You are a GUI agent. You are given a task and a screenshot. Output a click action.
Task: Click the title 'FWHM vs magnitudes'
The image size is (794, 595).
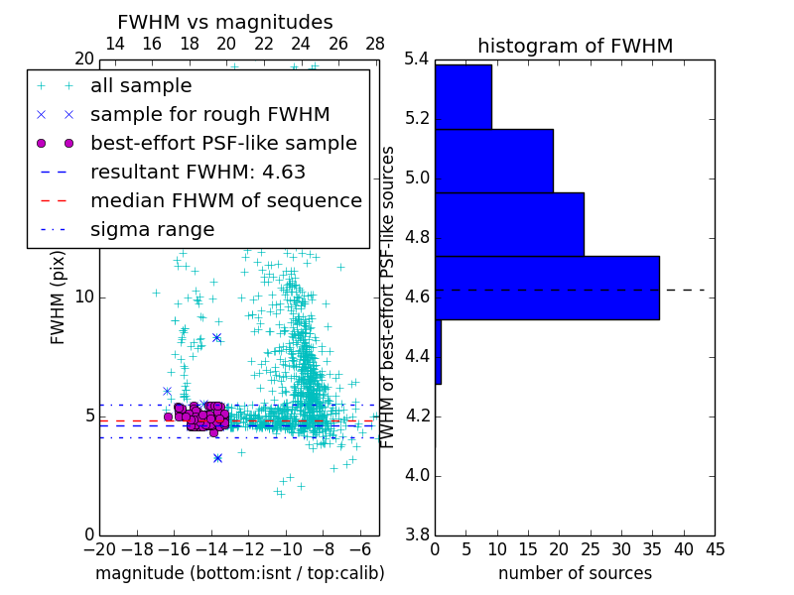(x=225, y=23)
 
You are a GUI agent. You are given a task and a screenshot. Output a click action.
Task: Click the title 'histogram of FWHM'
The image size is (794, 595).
(x=575, y=46)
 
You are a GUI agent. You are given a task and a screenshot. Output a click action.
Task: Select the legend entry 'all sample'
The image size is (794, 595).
(x=141, y=86)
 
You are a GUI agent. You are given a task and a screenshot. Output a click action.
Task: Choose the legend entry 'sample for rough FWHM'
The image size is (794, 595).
(x=209, y=114)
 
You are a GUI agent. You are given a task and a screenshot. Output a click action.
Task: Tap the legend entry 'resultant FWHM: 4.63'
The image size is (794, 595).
(x=198, y=172)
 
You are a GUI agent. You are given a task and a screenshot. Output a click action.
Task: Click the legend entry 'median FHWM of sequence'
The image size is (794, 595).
(x=225, y=200)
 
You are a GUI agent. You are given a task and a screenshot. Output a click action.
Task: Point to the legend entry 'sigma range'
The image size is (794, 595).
(x=152, y=229)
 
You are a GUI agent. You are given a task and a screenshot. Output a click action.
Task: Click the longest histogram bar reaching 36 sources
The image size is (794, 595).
(x=547, y=288)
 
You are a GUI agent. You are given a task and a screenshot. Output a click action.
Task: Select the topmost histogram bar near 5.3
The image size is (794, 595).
(x=463, y=96)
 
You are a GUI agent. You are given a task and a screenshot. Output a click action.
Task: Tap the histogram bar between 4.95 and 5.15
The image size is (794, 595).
(x=493, y=161)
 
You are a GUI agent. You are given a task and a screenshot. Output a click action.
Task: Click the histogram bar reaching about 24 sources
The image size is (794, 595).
(x=509, y=224)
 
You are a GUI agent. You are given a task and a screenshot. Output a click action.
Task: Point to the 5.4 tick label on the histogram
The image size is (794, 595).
(x=418, y=59)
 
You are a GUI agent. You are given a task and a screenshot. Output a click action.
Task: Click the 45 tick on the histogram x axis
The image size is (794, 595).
(x=715, y=548)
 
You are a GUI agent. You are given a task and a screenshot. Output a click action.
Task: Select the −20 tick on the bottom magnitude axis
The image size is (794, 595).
(x=99, y=548)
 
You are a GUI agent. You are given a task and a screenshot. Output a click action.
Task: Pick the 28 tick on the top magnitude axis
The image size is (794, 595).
(x=375, y=44)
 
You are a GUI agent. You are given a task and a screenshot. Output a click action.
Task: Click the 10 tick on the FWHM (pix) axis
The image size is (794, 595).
(x=84, y=297)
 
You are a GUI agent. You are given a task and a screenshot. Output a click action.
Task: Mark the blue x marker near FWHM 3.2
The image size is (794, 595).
(x=217, y=457)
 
